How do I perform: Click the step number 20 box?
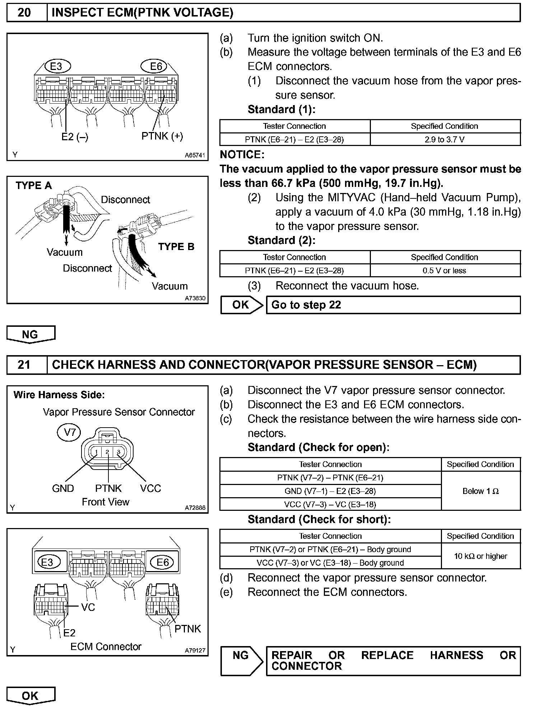click(24, 13)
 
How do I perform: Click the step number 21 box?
click(24, 365)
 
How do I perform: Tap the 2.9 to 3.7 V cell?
click(444, 140)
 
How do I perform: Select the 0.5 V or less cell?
click(444, 270)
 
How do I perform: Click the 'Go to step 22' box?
click(393, 305)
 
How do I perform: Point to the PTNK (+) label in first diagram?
click(162, 136)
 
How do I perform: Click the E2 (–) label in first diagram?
click(75, 137)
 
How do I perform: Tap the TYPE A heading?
click(34, 185)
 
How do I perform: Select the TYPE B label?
click(176, 246)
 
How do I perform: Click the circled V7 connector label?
click(70, 432)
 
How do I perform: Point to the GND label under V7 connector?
click(63, 488)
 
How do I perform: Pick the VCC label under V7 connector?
click(150, 488)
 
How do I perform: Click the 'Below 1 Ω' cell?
click(480, 491)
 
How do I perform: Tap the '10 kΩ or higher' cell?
click(480, 556)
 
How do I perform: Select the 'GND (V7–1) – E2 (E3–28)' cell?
click(330, 491)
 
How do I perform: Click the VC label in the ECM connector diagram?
click(88, 607)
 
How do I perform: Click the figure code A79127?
click(195, 650)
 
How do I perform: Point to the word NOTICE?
click(242, 155)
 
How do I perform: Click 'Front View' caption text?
click(106, 502)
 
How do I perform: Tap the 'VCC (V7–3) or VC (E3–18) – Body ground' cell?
click(330, 562)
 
